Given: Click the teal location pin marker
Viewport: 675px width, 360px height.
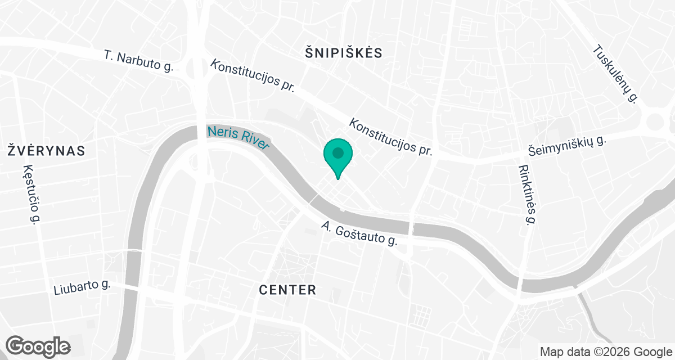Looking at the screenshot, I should [337, 157].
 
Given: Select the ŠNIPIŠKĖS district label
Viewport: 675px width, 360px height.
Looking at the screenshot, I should [343, 53].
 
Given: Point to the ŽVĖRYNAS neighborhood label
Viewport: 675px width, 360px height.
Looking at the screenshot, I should [46, 151].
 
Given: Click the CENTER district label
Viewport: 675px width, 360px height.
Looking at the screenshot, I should [287, 290].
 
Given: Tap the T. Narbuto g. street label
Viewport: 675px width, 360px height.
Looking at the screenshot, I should [138, 62].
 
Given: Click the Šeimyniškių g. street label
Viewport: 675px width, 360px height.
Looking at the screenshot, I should [567, 146].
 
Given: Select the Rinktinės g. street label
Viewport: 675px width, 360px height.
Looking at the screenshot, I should [526, 194].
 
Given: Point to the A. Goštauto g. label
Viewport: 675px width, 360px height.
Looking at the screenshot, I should [359, 234].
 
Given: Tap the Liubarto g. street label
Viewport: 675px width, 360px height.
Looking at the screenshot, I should [82, 287].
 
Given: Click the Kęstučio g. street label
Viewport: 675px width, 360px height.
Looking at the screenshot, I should [30, 195].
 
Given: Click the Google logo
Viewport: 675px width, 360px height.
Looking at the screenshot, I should [38, 345].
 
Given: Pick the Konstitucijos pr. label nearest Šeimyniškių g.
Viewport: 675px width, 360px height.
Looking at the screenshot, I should [391, 137].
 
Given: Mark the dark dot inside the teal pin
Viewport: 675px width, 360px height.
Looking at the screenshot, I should [337, 152].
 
